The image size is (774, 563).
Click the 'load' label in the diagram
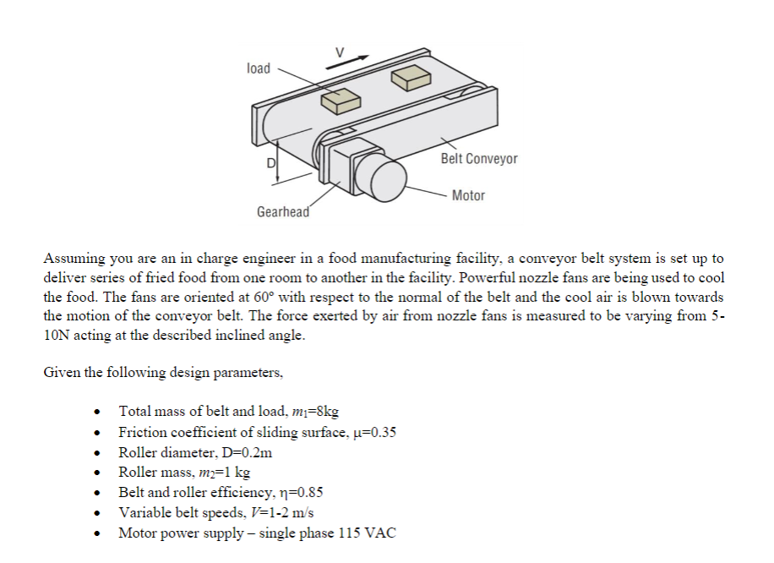(x=259, y=68)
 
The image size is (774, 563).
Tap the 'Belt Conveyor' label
(x=479, y=159)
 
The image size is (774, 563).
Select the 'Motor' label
(x=468, y=195)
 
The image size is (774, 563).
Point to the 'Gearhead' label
(x=283, y=211)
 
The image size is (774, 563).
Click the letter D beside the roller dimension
(x=272, y=163)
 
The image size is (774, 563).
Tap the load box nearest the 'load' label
(x=341, y=101)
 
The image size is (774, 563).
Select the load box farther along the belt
(x=412, y=77)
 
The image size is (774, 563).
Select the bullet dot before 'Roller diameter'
(x=101, y=453)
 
